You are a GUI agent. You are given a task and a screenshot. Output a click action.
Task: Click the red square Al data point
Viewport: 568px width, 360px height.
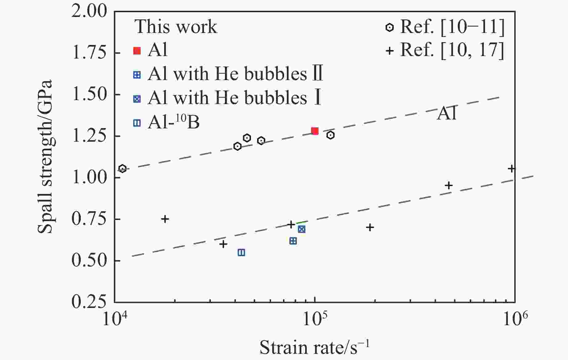tap(315, 131)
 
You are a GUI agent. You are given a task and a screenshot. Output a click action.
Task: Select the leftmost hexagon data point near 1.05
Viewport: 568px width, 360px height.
tap(122, 168)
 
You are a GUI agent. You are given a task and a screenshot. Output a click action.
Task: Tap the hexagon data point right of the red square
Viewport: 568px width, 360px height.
tap(330, 135)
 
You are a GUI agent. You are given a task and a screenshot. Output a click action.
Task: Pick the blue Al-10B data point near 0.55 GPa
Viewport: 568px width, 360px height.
tap(241, 253)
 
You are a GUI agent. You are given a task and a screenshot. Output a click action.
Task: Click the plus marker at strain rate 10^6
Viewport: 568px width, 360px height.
tap(512, 169)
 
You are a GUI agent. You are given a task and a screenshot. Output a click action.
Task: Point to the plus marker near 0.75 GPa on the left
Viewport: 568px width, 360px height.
tap(165, 219)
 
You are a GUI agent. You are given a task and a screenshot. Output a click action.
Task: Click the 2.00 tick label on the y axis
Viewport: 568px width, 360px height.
tap(89, 12)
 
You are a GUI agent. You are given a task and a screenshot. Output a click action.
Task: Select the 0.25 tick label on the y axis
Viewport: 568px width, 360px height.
tap(89, 301)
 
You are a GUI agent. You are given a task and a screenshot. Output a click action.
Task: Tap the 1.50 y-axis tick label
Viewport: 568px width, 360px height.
tap(89, 94)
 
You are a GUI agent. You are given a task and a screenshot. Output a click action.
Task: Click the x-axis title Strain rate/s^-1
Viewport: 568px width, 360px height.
tap(314, 347)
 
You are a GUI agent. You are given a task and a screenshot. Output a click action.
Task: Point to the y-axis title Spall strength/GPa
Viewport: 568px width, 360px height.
tap(45, 156)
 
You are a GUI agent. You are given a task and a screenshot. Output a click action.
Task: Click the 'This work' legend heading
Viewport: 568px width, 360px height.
tap(176, 26)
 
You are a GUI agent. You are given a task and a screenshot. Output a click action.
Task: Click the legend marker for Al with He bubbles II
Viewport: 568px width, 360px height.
tap(137, 75)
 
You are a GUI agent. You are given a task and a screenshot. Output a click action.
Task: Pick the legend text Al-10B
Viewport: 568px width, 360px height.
tap(174, 122)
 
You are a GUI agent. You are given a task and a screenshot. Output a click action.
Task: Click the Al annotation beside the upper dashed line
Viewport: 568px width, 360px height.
tap(447, 113)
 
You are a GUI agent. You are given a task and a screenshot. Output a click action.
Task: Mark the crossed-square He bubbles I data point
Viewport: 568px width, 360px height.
tap(301, 229)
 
